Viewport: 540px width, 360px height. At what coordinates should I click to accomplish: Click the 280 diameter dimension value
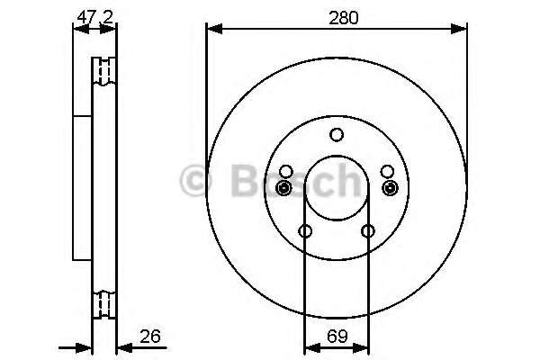344,18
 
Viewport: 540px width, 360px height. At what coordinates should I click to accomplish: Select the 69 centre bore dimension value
337,337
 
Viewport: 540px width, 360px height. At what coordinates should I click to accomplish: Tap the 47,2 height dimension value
95,17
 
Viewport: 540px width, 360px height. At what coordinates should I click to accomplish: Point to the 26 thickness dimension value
150,337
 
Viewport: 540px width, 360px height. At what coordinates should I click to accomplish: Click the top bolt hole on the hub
337,135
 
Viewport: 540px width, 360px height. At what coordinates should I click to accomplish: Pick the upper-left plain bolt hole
286,171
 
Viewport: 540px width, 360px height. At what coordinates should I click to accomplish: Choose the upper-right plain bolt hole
387,171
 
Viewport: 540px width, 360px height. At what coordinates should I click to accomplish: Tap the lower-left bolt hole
305,230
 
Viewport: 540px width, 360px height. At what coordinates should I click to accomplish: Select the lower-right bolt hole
368,230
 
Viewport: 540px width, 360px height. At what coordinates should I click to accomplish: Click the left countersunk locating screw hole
283,188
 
